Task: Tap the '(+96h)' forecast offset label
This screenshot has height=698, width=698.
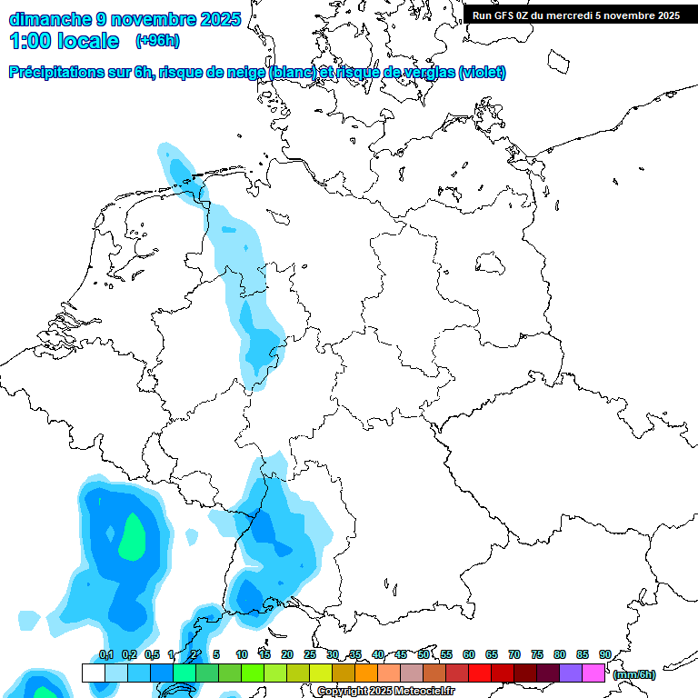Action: tap(157, 40)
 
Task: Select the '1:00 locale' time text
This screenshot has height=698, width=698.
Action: tap(65, 41)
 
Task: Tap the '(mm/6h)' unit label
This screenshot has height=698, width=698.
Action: tap(633, 674)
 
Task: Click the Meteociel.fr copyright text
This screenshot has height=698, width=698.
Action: tap(385, 692)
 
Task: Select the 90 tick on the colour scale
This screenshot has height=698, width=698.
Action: tap(604, 654)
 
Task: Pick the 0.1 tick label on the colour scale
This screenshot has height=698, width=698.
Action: tap(105, 654)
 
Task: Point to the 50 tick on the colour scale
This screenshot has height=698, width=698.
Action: tap(424, 654)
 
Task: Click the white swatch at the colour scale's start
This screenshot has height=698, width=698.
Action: tap(93, 673)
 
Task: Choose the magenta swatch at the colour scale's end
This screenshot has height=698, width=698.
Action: tap(593, 673)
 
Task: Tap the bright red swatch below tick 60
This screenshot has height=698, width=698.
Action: tap(479, 673)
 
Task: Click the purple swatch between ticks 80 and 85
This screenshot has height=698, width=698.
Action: tap(570, 673)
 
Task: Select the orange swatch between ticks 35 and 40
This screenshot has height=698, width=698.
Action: tap(365, 673)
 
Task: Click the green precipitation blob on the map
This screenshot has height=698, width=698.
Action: tap(133, 536)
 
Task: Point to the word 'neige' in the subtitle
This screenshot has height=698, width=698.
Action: tap(242, 73)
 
